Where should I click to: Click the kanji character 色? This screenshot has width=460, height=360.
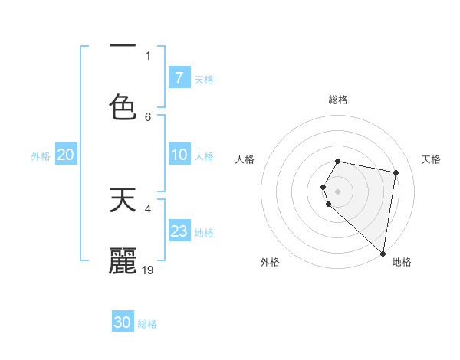point(123,106)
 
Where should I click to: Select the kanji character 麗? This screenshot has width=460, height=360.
point(123,260)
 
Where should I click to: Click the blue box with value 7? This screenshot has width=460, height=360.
point(179,77)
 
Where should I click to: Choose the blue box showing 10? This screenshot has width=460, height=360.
point(179,155)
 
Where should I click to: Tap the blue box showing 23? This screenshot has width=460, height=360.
point(179,231)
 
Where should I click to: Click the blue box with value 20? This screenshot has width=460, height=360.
point(65,155)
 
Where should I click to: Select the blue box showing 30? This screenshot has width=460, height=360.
point(123,322)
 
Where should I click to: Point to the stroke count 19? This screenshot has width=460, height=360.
point(149,270)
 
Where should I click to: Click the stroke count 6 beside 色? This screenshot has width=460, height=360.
point(148,116)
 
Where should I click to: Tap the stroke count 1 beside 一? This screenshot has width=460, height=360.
point(148,55)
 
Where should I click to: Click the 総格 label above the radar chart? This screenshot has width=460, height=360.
point(338,100)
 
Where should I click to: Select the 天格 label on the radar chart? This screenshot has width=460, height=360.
point(431,159)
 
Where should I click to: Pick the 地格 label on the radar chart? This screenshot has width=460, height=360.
point(402,262)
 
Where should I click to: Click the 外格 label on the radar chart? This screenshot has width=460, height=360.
point(270,262)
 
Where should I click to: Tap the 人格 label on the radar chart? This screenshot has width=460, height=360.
point(245,159)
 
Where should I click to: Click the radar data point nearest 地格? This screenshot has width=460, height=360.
point(383,253)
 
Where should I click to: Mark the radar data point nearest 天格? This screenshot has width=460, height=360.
point(396,173)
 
